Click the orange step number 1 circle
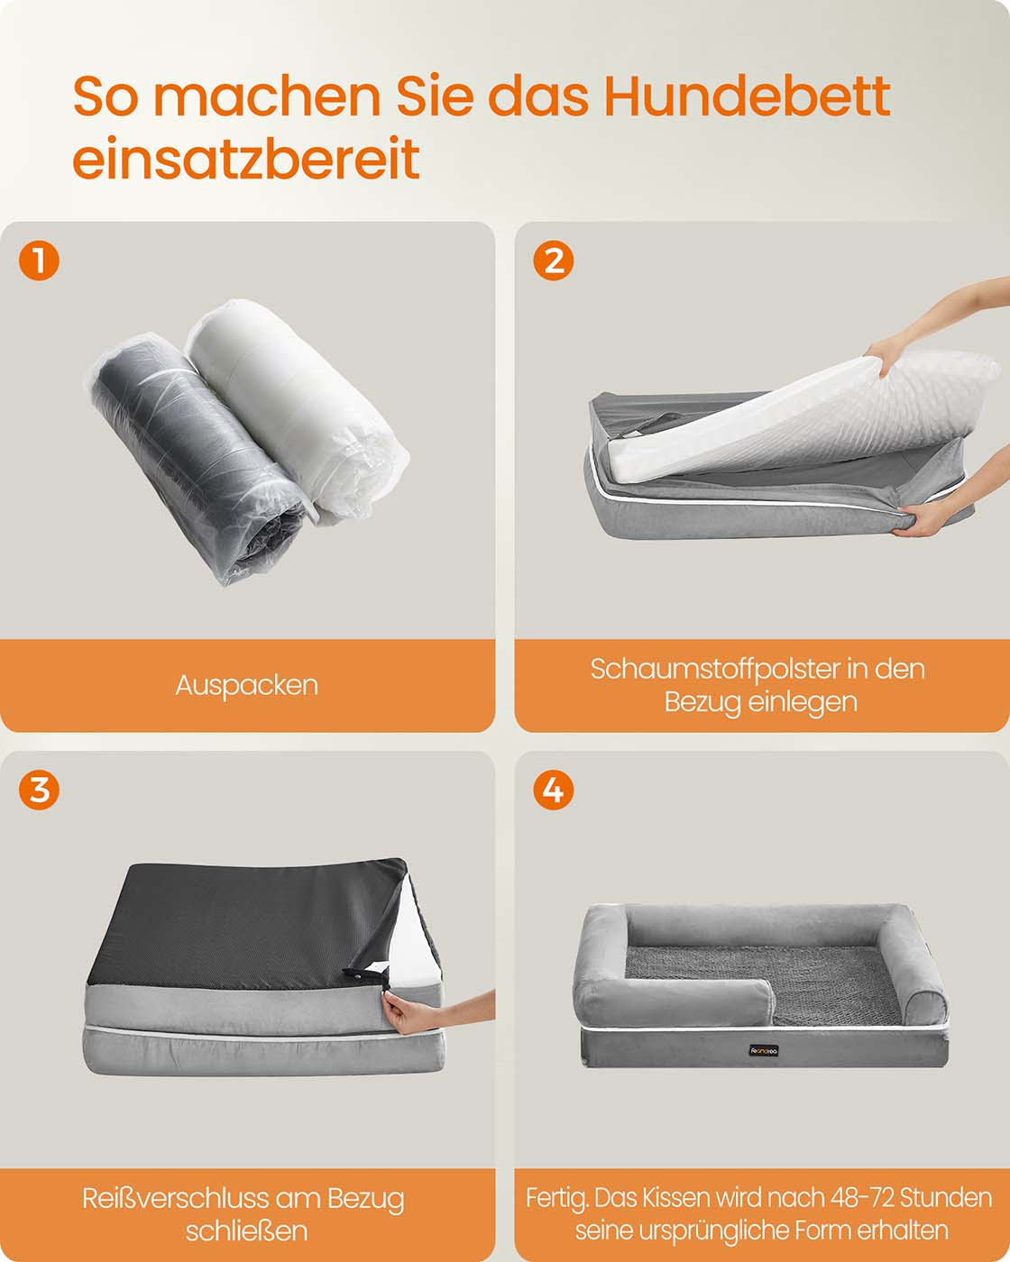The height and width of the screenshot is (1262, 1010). tap(39, 261)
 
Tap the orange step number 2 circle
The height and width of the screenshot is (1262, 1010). tap(554, 261)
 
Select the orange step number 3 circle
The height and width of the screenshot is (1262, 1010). tap(39, 790)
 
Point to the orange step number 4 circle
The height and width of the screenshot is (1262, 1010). tap(554, 790)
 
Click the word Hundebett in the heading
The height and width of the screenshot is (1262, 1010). tap(747, 96)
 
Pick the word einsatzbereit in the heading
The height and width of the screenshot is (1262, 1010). tap(246, 158)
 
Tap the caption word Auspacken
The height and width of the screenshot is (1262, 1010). tap(246, 686)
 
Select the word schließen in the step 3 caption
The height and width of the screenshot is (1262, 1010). tap(246, 1231)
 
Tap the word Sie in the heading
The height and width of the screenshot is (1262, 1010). tap(435, 96)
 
